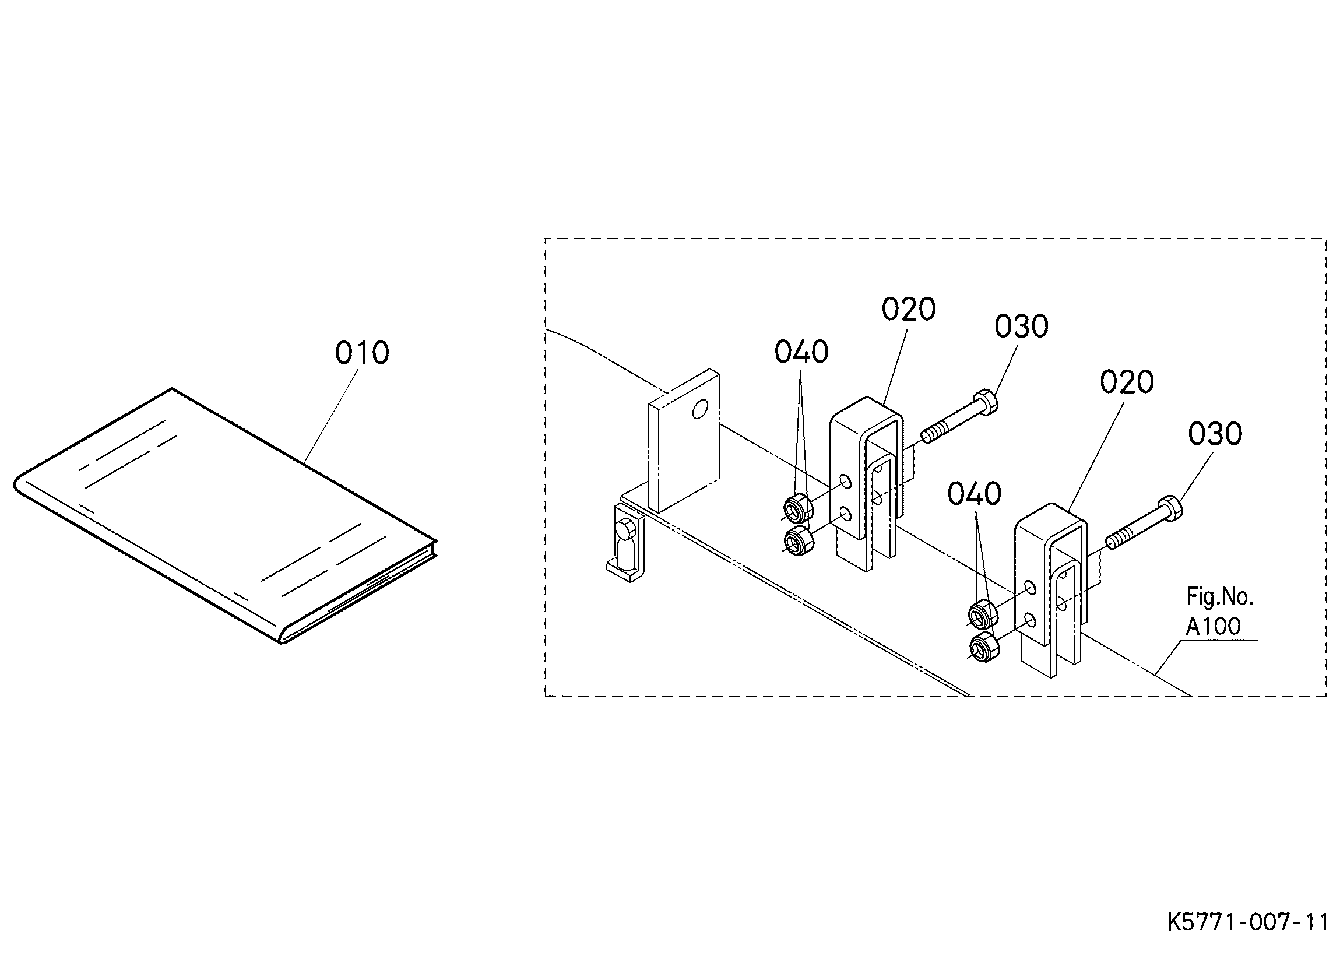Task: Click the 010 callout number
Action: click(x=361, y=353)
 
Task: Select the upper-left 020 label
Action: click(x=908, y=309)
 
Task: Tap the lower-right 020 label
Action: click(x=1126, y=382)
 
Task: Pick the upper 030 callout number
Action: click(x=1021, y=326)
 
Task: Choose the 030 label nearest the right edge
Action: click(x=1215, y=434)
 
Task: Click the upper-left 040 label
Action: click(x=801, y=352)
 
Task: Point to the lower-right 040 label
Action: click(x=975, y=494)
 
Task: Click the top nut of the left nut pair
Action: click(x=798, y=507)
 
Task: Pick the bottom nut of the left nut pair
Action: click(x=798, y=541)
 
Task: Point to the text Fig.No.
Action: click(x=1219, y=597)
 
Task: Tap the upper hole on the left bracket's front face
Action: click(x=846, y=482)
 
